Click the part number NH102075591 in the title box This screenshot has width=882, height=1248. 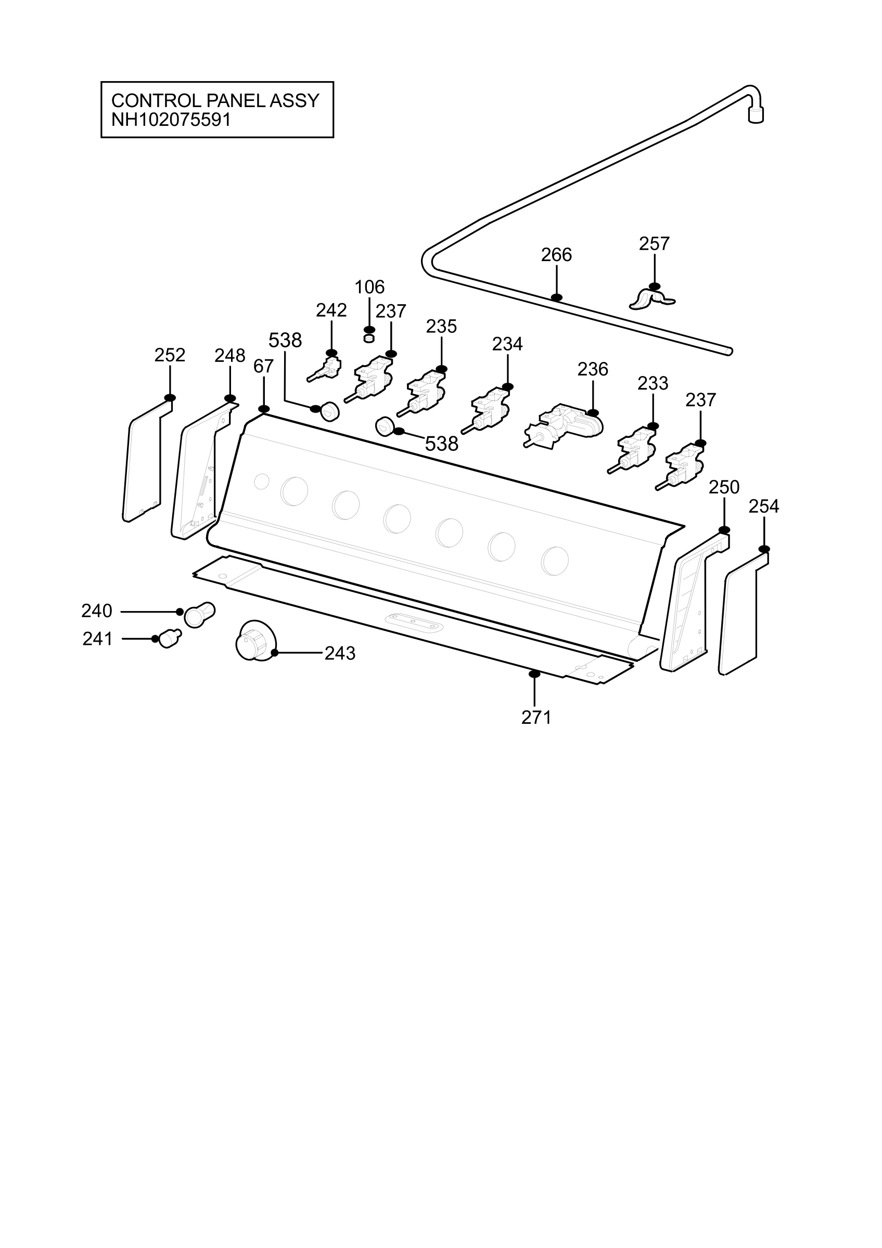tap(171, 120)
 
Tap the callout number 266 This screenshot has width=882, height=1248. tap(556, 254)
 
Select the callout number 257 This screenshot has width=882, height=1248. tap(654, 243)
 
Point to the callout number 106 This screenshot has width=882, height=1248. tap(369, 287)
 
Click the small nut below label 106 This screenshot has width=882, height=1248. tap(369, 339)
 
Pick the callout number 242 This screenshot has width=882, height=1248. tap(331, 310)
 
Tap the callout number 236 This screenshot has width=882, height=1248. tap(593, 369)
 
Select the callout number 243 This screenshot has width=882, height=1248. tap(340, 653)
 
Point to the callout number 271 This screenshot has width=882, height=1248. tap(536, 718)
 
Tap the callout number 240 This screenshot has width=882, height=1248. tap(97, 611)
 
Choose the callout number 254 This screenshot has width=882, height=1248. tap(764, 506)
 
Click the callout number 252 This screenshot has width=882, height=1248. tap(170, 355)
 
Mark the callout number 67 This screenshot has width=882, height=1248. tap(263, 367)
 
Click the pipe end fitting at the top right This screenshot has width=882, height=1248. tap(756, 114)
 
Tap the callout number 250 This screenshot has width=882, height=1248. tap(724, 487)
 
